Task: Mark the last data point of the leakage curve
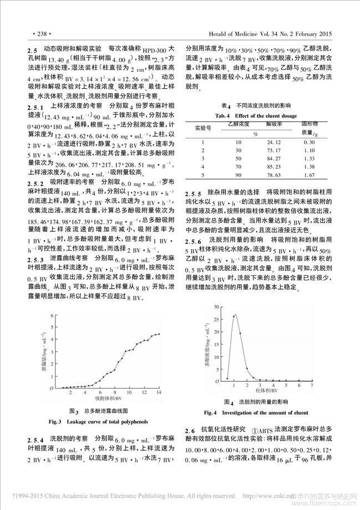click(159, 334)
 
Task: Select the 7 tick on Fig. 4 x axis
click(311, 385)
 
